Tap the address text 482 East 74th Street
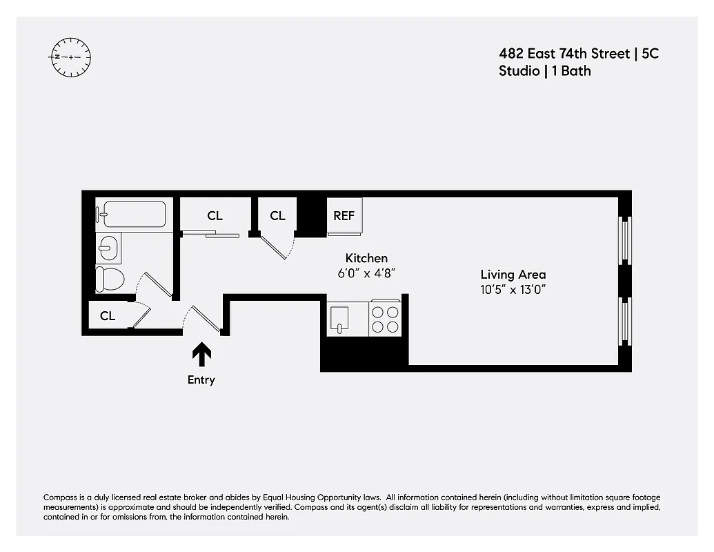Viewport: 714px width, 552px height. [x=564, y=53]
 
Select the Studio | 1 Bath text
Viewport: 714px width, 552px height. [x=544, y=70]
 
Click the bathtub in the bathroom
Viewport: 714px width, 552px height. [x=132, y=214]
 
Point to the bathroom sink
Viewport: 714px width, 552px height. [x=108, y=246]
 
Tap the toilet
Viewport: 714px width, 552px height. [x=110, y=279]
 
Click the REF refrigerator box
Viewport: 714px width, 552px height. [x=344, y=216]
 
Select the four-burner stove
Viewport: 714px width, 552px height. [x=386, y=318]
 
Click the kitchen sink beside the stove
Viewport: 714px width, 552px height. [x=341, y=318]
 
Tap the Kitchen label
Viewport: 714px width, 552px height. [x=366, y=258]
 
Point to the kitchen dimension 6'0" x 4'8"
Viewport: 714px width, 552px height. [x=366, y=273]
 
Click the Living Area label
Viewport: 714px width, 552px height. [x=513, y=275]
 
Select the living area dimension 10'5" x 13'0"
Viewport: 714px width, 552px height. [x=513, y=290]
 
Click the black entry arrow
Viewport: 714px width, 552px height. [x=201, y=354]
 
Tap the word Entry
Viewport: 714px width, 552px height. [x=201, y=380]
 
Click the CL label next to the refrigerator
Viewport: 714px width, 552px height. [x=277, y=216]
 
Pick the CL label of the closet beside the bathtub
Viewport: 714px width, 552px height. [x=215, y=216]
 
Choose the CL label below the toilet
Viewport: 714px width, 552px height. [x=108, y=316]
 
